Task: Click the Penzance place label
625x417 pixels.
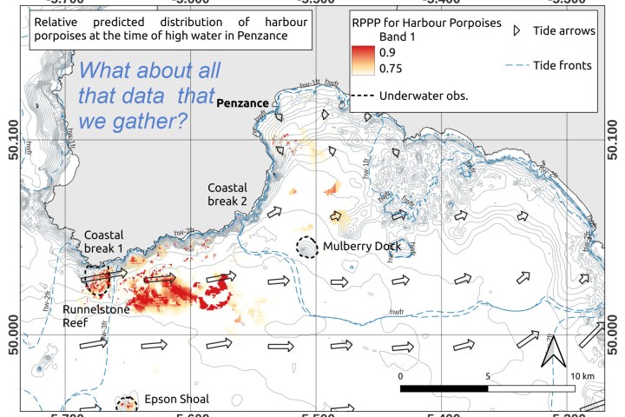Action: click(247, 103)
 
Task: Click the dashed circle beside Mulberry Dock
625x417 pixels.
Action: click(306, 248)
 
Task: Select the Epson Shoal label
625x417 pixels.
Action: click(178, 400)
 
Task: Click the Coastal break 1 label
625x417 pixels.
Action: click(104, 242)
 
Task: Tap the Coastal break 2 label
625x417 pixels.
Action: click(227, 195)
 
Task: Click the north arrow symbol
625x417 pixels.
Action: click(549, 353)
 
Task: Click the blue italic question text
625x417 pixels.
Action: click(149, 96)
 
